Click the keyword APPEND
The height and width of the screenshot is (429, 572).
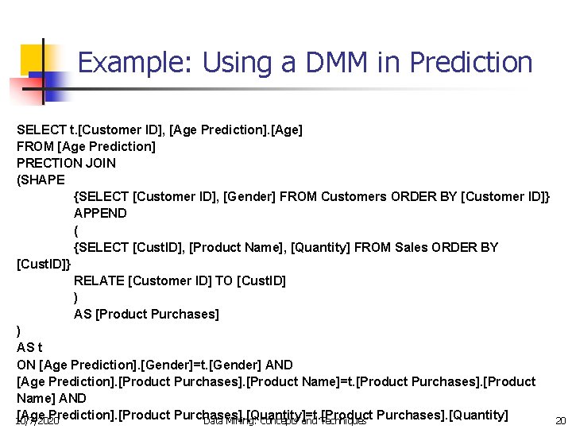100,213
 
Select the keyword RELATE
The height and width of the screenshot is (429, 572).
99,280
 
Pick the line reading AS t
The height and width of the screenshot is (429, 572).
29,348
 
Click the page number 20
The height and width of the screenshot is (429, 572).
560,421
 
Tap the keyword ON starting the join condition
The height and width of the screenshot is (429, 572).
25,365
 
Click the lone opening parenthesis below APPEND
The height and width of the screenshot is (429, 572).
76,230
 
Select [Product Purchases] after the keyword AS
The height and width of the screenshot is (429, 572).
157,314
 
